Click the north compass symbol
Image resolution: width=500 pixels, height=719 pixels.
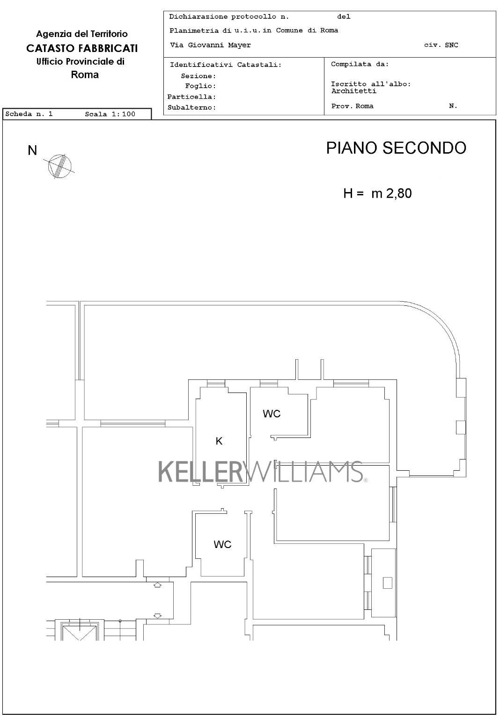pyautogui.click(x=59, y=166)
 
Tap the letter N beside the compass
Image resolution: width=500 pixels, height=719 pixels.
pyautogui.click(x=32, y=150)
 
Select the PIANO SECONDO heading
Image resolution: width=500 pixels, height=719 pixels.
pyautogui.click(x=396, y=148)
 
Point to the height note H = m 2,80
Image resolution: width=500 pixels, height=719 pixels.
pyautogui.click(x=377, y=193)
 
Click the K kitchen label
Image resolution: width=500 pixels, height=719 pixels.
pyautogui.click(x=219, y=441)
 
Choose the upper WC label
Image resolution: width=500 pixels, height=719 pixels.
pyautogui.click(x=272, y=414)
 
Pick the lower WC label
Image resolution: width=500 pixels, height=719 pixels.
pyautogui.click(x=222, y=544)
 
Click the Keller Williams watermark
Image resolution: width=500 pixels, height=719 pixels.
pyautogui.click(x=263, y=472)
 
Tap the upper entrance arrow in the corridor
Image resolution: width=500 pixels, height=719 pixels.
pyautogui.click(x=157, y=585)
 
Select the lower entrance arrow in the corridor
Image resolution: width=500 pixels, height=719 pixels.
pyautogui.click(x=157, y=615)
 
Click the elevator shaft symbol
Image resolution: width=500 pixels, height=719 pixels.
pyautogui.click(x=79, y=631)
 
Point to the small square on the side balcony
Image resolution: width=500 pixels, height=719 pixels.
pyautogui.click(x=388, y=583)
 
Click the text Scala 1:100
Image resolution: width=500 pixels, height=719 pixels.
pyautogui.click(x=110, y=114)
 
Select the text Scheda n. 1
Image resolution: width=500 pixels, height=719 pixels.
pyautogui.click(x=29, y=114)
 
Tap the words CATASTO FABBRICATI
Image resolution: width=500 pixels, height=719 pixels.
pyautogui.click(x=82, y=48)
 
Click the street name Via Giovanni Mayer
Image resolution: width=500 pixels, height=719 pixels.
pyautogui.click(x=210, y=45)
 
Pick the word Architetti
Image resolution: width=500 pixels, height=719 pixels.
pyautogui.click(x=354, y=91)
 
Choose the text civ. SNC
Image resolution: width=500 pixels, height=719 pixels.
pyautogui.click(x=441, y=45)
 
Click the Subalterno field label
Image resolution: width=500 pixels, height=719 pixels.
pyautogui.click(x=192, y=108)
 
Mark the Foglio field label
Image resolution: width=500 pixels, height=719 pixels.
pyautogui.click(x=201, y=86)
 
